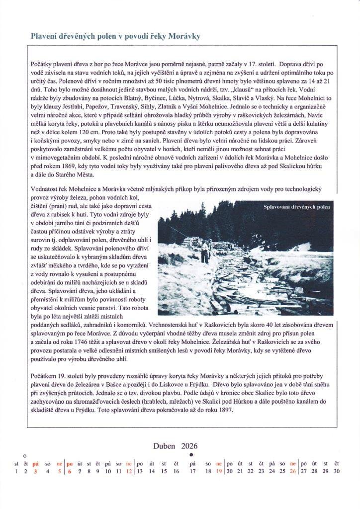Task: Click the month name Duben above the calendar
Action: coord(164,446)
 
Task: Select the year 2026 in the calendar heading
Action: coord(189,446)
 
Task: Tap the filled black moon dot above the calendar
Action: coord(191,455)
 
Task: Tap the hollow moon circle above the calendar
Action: coord(25,455)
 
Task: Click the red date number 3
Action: coord(35,471)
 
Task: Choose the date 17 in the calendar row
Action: coord(192,471)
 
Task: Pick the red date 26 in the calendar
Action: coord(293,471)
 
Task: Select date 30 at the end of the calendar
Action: coord(337,471)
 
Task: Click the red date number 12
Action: coord(129,471)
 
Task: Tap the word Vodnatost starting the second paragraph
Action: coord(45,189)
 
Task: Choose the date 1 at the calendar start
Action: coord(16,471)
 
